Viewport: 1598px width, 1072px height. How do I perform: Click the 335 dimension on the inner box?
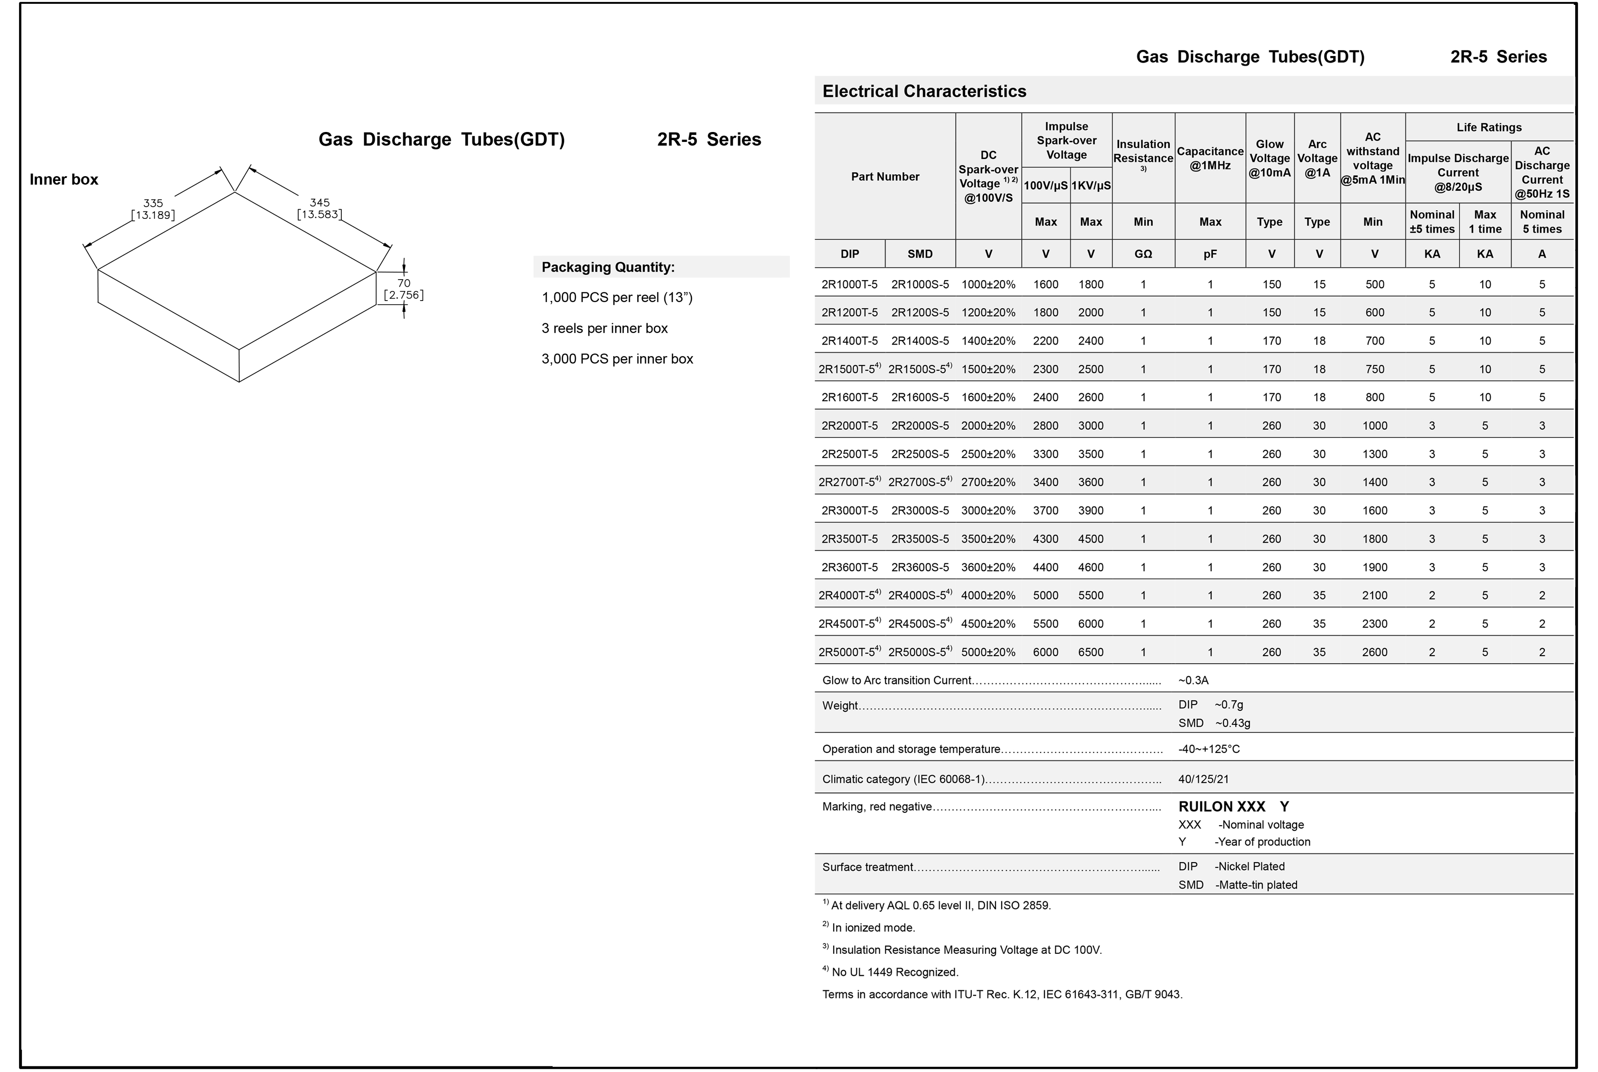153,208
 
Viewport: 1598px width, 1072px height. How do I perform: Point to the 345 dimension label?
319,208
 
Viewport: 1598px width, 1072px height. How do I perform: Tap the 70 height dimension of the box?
404,289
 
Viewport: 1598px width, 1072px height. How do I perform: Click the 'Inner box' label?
64,179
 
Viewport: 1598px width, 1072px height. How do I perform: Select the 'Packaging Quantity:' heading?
608,267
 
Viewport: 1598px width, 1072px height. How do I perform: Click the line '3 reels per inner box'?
604,328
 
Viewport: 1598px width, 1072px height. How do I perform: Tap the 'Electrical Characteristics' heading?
924,91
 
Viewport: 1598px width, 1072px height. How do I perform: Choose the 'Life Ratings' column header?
1489,127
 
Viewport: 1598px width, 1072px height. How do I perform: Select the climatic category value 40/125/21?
1203,779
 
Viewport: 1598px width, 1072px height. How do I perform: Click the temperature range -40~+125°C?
1208,749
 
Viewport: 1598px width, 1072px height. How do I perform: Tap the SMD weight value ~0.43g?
1232,723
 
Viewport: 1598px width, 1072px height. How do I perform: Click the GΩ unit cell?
1143,254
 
